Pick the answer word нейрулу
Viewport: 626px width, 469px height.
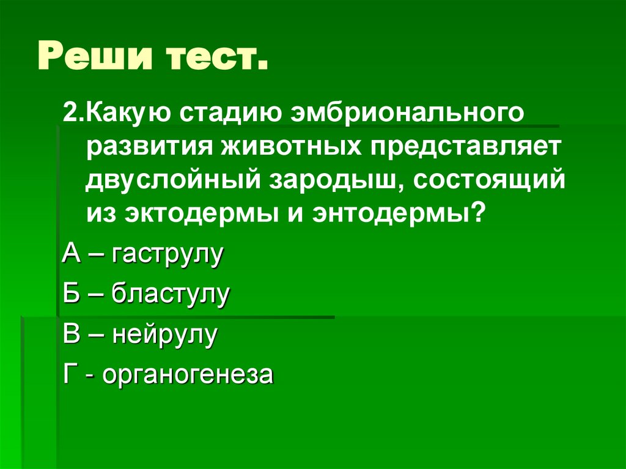tap(164, 334)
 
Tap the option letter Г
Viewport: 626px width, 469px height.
tap(69, 375)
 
